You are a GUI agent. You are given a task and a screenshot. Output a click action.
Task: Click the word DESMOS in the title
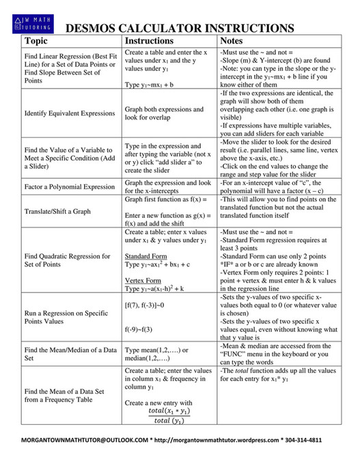[96, 28]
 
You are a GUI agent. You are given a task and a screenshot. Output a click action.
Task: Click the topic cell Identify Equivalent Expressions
[69, 113]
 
